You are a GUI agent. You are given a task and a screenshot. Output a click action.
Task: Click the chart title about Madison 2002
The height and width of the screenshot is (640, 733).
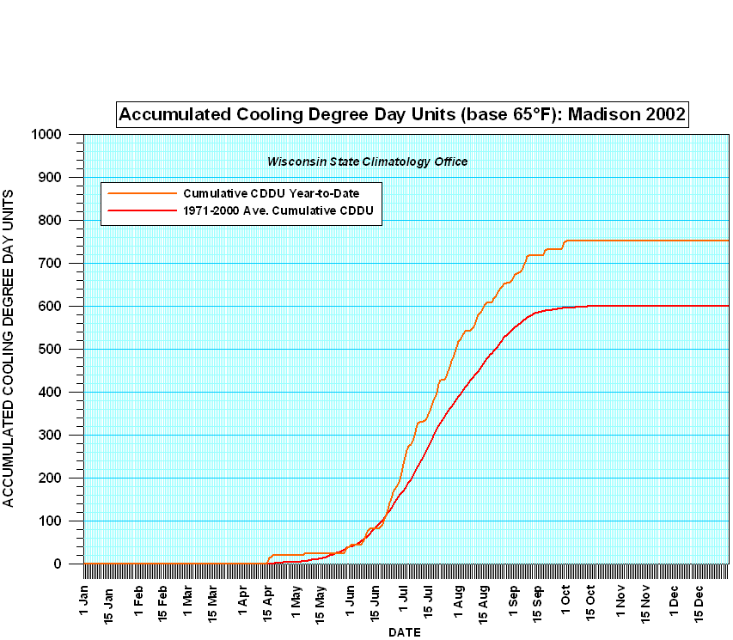[402, 114]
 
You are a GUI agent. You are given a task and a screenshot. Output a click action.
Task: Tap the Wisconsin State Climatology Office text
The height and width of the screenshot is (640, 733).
[367, 162]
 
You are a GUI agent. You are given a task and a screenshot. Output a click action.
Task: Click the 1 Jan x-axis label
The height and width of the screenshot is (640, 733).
[84, 598]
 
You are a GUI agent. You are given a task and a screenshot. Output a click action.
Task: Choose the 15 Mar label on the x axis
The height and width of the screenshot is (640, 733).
[211, 601]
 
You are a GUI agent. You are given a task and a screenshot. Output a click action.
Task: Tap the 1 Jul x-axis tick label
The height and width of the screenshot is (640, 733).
[403, 598]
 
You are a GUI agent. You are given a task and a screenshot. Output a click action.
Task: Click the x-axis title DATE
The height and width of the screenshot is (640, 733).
[404, 632]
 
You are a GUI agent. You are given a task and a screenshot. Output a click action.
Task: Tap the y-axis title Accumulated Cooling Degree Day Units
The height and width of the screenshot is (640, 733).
[9, 349]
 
